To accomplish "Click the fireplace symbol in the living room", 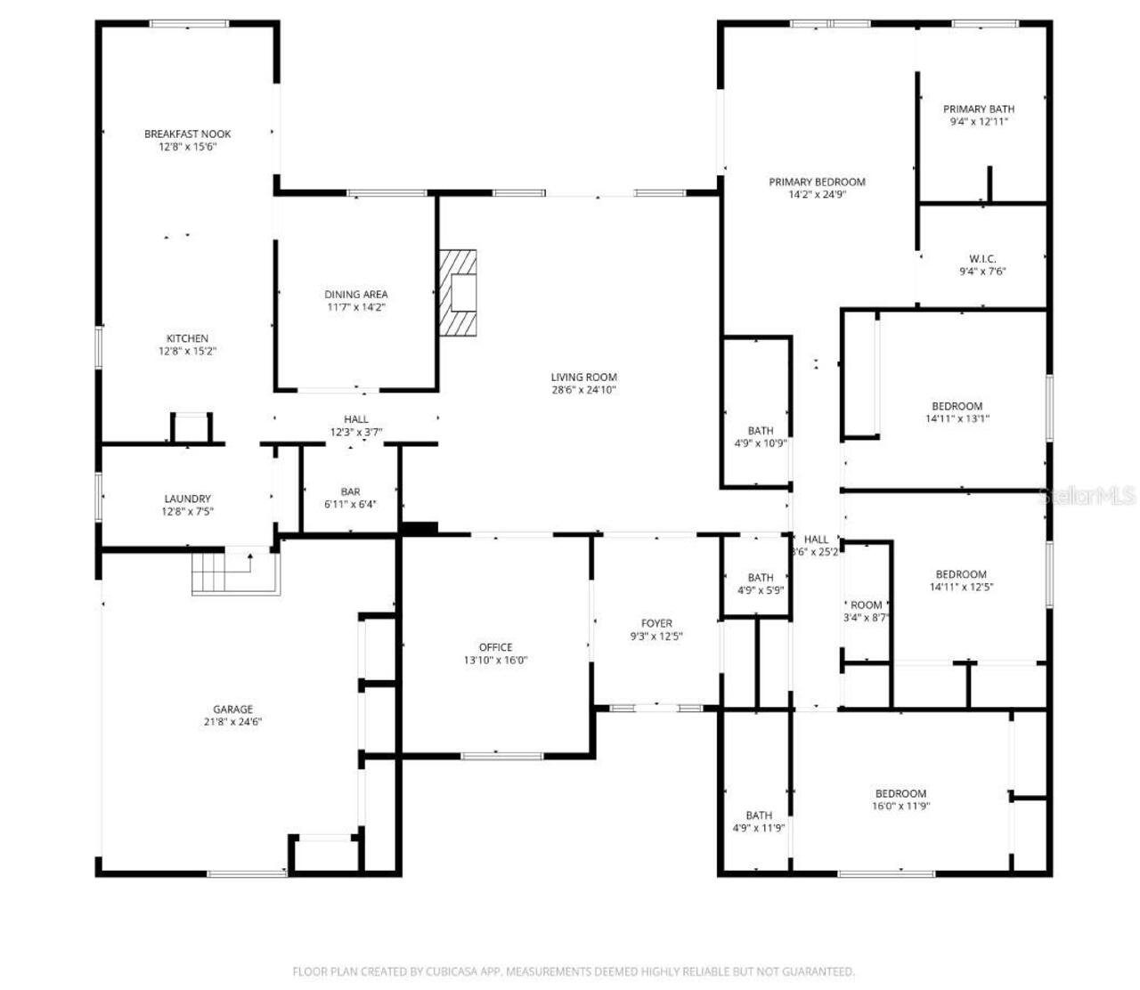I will tap(458, 292).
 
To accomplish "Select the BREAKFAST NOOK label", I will tap(187, 134).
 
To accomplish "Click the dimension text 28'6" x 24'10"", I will tap(583, 390).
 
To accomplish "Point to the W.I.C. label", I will tap(982, 259).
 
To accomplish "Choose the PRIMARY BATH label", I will tap(979, 110).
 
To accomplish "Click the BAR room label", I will tap(350, 492).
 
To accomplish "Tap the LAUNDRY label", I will tap(187, 499).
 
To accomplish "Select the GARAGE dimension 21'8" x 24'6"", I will tap(232, 722).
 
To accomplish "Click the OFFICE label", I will tap(495, 647).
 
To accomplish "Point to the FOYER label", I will tap(656, 623).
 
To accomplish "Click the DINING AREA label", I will tap(355, 295).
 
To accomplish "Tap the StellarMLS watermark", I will tap(1087, 496).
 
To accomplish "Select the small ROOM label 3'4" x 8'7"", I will tap(866, 605).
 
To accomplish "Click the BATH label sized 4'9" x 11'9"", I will tap(759, 816).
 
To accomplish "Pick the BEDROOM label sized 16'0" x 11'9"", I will tap(900, 794).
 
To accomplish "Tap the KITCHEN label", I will tap(187, 338).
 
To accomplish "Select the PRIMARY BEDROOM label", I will tap(817, 183).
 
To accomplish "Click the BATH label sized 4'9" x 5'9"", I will tap(760, 578).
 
